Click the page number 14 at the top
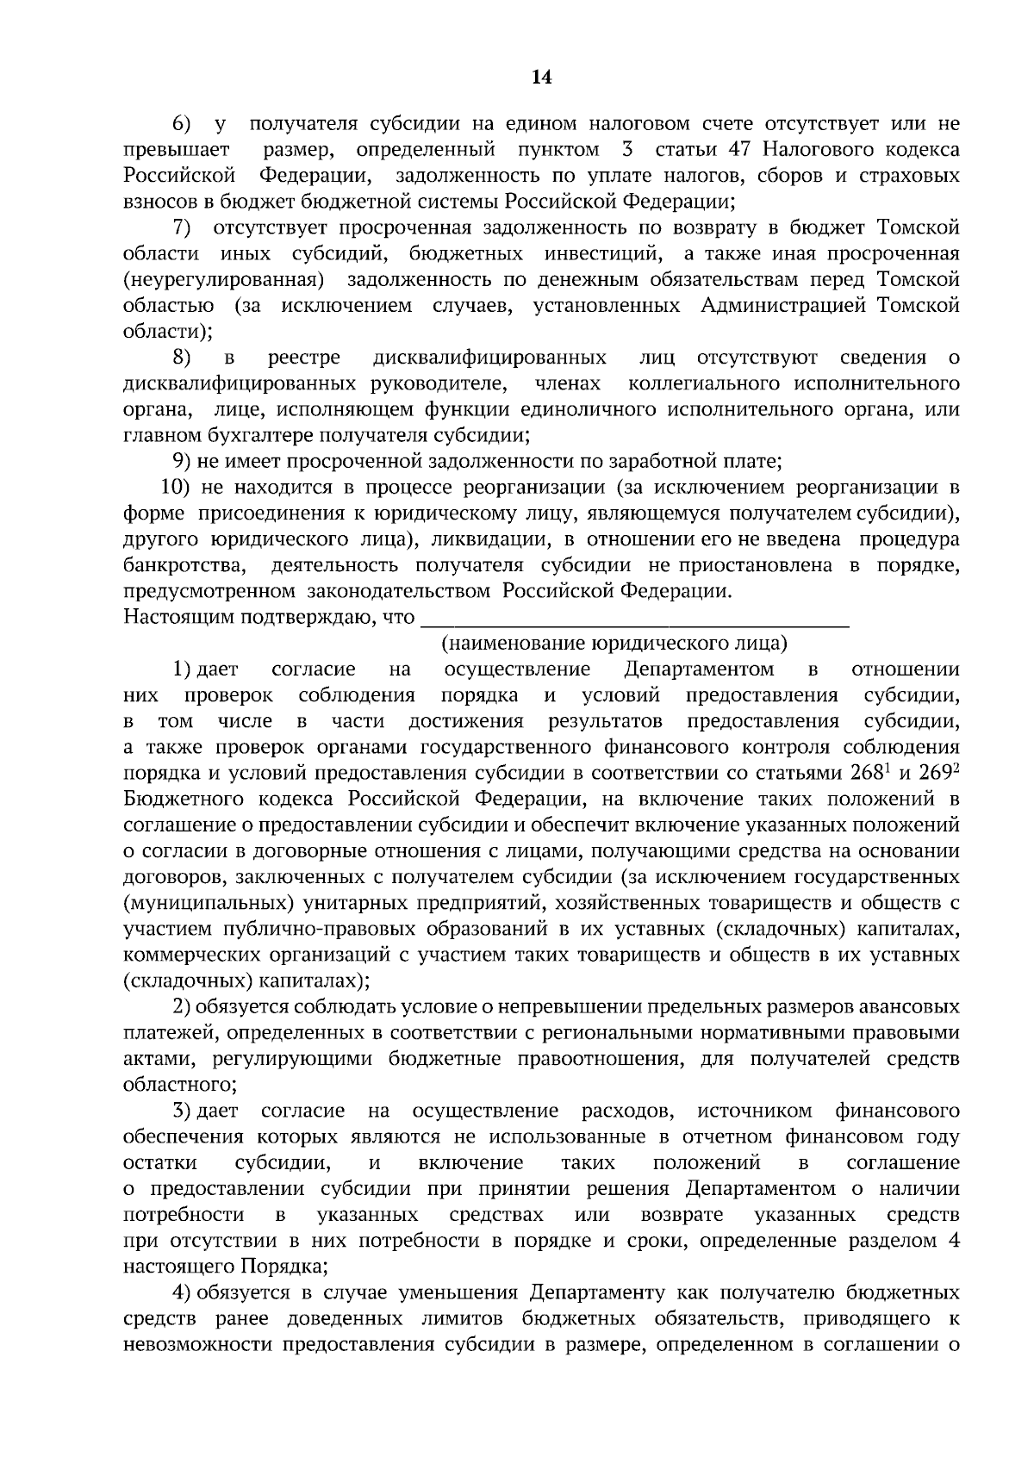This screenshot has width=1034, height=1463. (x=541, y=78)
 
